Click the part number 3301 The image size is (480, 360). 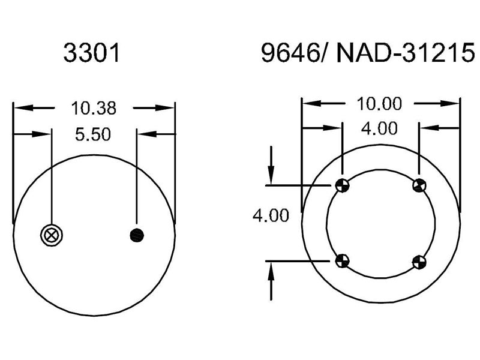point(92,54)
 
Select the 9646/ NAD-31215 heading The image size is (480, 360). point(364,54)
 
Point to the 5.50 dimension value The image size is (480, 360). point(92,134)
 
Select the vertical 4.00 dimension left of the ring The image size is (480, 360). point(271,215)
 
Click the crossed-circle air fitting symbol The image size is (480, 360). point(50,235)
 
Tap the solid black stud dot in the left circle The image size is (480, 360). point(137,235)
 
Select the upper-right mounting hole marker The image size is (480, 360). point(419,185)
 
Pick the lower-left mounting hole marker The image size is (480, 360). point(341,260)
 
